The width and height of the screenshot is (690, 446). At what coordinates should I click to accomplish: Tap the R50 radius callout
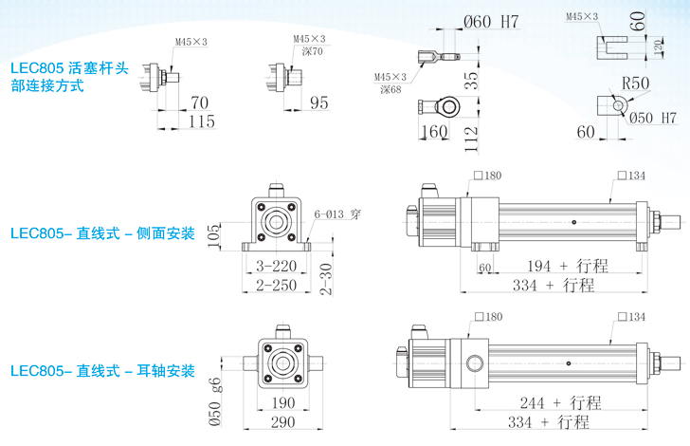tap(635, 84)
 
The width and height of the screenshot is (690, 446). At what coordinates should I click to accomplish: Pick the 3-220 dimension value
tap(277, 267)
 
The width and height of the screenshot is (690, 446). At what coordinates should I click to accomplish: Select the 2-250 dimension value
tap(277, 285)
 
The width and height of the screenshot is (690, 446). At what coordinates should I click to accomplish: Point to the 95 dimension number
tap(318, 102)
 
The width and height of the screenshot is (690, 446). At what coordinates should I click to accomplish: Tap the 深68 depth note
tap(390, 89)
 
